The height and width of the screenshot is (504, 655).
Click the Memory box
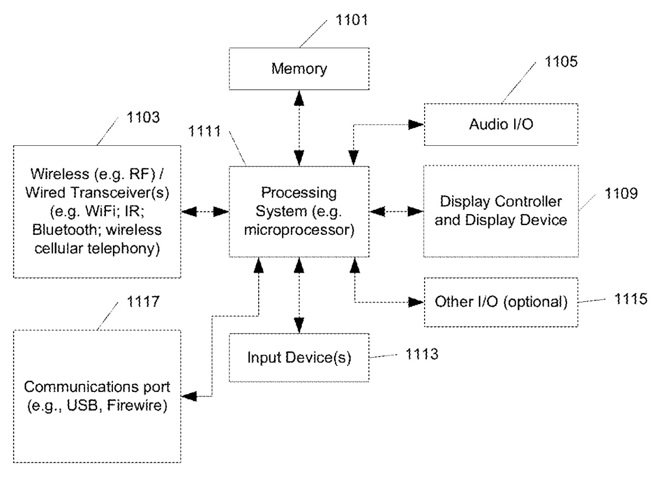point(299,69)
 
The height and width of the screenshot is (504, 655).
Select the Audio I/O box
point(501,124)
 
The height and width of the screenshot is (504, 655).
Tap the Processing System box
point(299,212)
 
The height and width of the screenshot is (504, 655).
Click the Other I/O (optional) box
point(501,302)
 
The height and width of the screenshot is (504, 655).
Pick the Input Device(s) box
point(299,358)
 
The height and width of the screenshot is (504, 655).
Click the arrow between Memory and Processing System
point(299,128)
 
